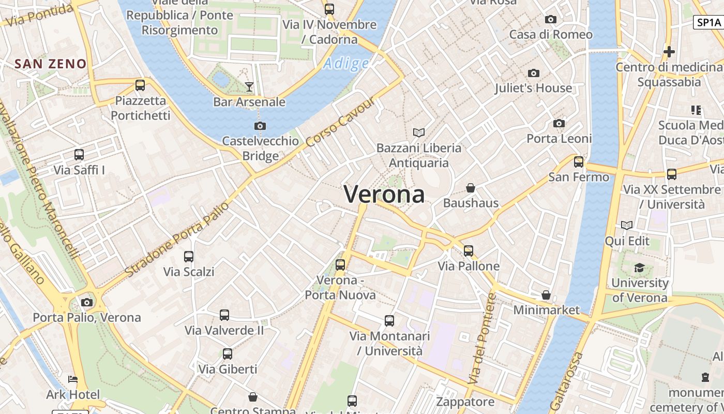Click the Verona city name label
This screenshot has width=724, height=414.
(384, 195)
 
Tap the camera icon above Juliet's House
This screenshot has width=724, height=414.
(533, 73)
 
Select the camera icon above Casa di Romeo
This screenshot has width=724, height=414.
(551, 20)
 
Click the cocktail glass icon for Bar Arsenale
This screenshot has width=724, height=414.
(249, 86)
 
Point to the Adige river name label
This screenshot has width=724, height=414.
(346, 64)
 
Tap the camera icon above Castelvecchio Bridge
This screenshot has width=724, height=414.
(260, 126)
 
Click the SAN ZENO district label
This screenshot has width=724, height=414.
(50, 64)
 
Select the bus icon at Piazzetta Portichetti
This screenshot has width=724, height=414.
(140, 85)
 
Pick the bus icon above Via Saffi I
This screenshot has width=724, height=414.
(79, 154)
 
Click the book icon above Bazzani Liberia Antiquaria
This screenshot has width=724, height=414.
(419, 132)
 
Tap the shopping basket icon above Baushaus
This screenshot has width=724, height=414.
(471, 187)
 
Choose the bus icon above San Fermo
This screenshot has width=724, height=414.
(579, 162)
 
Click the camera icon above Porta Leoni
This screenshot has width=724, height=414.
(559, 123)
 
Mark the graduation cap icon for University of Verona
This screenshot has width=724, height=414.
(640, 268)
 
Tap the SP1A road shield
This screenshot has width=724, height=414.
(708, 22)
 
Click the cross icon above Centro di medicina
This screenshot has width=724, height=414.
(669, 52)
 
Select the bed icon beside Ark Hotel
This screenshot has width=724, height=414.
(73, 379)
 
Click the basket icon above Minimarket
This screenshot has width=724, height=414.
(546, 295)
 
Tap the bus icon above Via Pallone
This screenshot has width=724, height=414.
(469, 251)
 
